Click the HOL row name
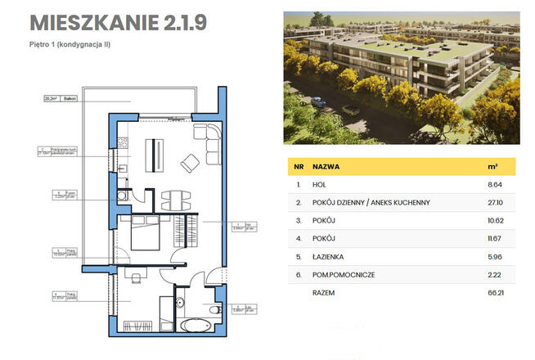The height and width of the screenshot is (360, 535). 319,186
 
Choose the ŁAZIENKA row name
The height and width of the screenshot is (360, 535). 329,258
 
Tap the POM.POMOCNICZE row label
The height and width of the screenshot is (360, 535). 344,276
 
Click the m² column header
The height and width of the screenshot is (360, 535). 492,166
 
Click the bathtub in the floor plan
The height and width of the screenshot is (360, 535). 196,326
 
